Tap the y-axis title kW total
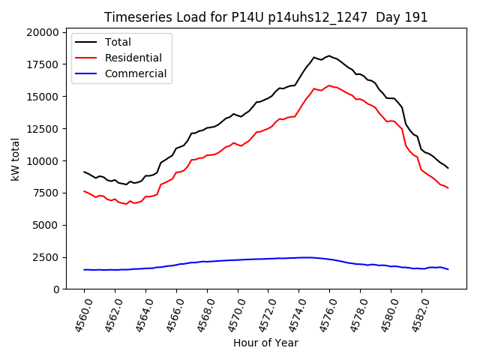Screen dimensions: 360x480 tap(15, 160)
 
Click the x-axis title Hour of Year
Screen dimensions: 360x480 tap(265, 343)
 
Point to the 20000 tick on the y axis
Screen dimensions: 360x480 tap(42, 32)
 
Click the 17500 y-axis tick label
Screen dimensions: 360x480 tap(42, 64)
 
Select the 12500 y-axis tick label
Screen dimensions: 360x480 tap(42, 129)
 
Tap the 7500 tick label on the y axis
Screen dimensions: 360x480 tap(44, 193)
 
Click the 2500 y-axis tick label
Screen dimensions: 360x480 tap(44, 257)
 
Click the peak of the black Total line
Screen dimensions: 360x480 tap(328, 55)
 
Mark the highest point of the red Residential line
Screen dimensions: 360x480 tap(329, 85)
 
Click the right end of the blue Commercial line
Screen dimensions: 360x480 tap(448, 269)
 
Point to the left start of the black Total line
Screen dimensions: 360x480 tap(84, 172)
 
